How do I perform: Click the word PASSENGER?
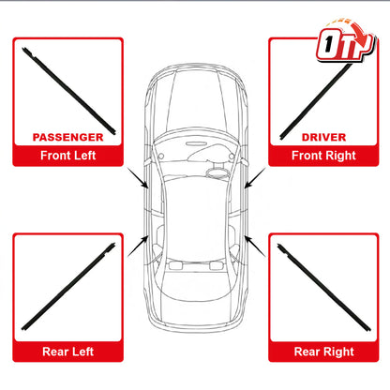(x=67, y=137)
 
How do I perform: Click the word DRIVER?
(x=323, y=137)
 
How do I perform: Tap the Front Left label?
(x=67, y=156)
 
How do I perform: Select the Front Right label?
(x=323, y=156)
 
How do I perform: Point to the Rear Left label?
(x=67, y=352)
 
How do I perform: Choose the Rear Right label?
(x=323, y=352)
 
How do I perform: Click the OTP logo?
(x=345, y=40)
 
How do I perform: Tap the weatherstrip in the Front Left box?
(x=68, y=91)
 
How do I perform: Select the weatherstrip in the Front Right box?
(x=316, y=100)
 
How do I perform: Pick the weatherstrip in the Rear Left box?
(x=68, y=287)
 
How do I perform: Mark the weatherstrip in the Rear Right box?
(x=323, y=287)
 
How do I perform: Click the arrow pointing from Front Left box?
(x=138, y=178)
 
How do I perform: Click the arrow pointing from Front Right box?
(x=255, y=178)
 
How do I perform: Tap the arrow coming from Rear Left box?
(x=138, y=246)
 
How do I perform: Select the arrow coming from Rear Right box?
(x=255, y=247)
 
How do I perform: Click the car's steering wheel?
(x=217, y=172)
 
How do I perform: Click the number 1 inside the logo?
(x=328, y=44)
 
